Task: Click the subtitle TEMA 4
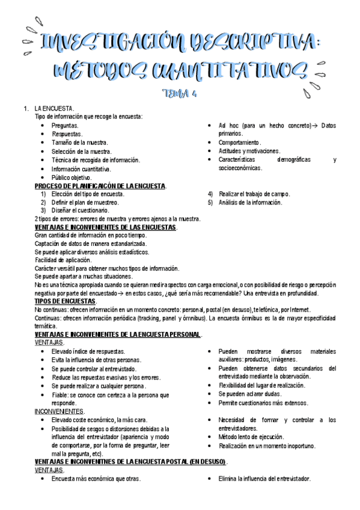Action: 180,94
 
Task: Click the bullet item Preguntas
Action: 65,125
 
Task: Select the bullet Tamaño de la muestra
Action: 79,143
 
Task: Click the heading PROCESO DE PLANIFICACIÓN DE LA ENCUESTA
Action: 100,186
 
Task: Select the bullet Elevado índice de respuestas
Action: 88,351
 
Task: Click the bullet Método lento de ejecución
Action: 251,437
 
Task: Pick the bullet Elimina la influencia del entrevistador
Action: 264,479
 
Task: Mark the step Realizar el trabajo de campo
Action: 254,194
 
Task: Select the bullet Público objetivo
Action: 72,177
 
